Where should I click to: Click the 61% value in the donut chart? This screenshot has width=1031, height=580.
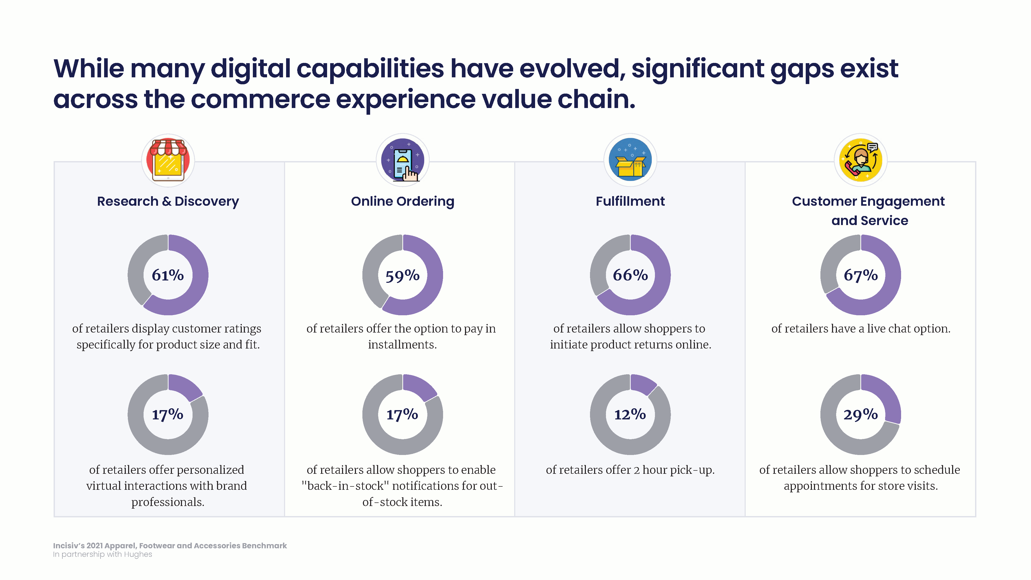168,275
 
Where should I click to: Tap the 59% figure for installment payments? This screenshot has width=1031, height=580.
402,275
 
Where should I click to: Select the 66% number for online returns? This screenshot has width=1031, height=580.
630,275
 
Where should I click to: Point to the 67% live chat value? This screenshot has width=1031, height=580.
861,275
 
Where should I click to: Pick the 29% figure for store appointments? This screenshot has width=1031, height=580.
861,415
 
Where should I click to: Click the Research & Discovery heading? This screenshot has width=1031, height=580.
168,201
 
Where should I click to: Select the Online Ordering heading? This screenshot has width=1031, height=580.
403,201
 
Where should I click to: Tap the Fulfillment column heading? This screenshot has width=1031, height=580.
630,201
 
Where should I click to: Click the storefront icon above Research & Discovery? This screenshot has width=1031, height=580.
168,160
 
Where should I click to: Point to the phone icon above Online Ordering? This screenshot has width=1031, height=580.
403,160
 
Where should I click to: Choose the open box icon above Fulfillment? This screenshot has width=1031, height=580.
630,160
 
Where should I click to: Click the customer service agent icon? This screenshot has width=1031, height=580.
861,160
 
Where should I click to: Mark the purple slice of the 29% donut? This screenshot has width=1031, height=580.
886,396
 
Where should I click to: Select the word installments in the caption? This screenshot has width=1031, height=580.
402,345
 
